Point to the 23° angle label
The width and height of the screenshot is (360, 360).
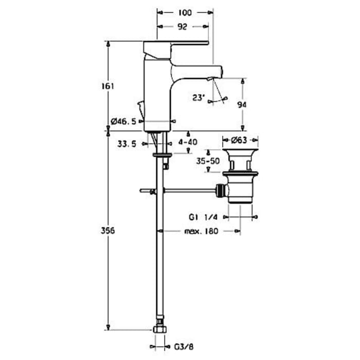[x=199, y=97]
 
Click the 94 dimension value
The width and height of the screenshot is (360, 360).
[x=242, y=104]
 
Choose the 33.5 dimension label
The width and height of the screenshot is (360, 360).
[x=126, y=145]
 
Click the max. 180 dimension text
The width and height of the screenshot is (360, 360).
[x=201, y=231]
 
